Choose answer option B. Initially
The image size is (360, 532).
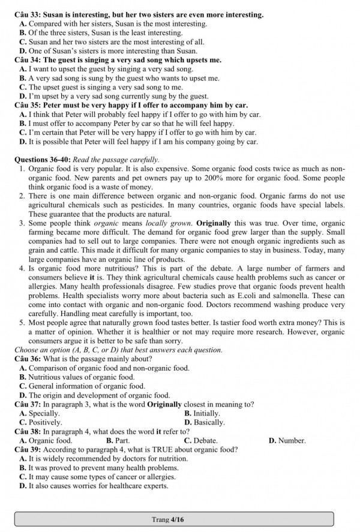(x=202, y=413)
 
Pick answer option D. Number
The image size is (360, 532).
(x=287, y=440)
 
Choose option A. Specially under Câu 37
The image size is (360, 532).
(x=40, y=413)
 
